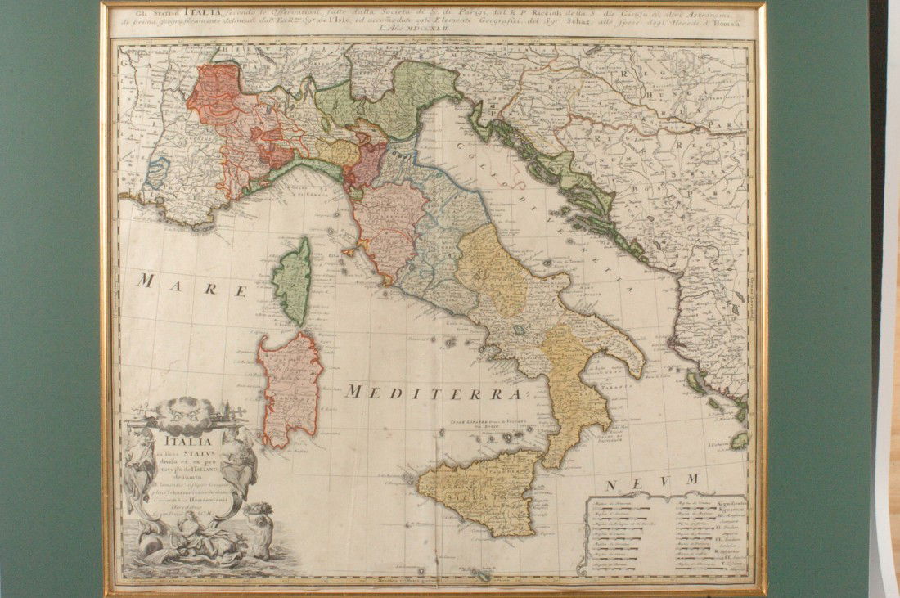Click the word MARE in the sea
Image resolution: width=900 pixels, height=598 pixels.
pos(191,286)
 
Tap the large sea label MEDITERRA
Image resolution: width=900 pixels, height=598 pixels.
pos(434,393)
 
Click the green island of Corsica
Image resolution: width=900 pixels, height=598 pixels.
pos(292,280)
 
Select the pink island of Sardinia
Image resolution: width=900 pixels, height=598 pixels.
pos(290,388)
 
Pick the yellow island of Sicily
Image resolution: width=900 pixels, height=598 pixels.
pos(483,491)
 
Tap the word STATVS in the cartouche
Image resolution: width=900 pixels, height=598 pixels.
pos(196,454)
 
